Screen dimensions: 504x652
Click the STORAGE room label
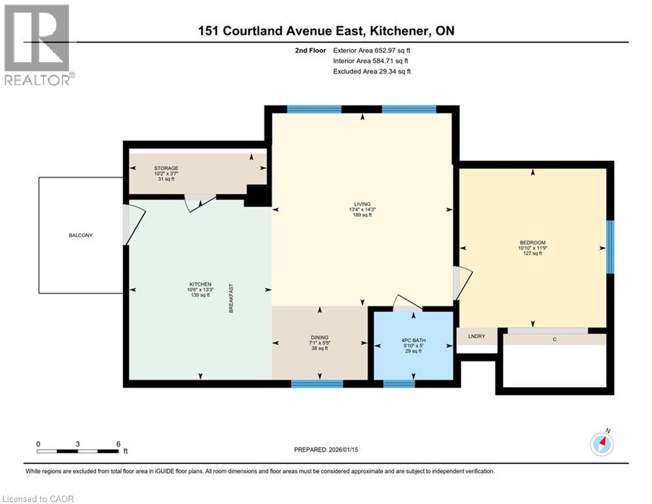[x=166, y=169]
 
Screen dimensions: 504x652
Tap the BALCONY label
[x=81, y=235]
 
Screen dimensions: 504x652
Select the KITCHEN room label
[x=200, y=284]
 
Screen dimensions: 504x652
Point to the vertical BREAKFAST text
[x=231, y=298]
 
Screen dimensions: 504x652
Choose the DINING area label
[x=320, y=337]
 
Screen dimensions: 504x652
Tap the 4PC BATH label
[x=413, y=340]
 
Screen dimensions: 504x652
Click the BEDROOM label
[x=532, y=242]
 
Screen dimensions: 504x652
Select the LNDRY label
[x=476, y=336]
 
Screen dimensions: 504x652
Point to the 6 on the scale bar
[x=118, y=444]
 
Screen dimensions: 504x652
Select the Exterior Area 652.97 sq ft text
[x=372, y=50]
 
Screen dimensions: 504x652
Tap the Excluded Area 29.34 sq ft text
[x=372, y=72]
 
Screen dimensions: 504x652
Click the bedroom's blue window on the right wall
[x=609, y=246]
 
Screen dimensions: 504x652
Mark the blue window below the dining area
[x=316, y=383]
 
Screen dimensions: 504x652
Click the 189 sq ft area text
[x=362, y=215]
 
